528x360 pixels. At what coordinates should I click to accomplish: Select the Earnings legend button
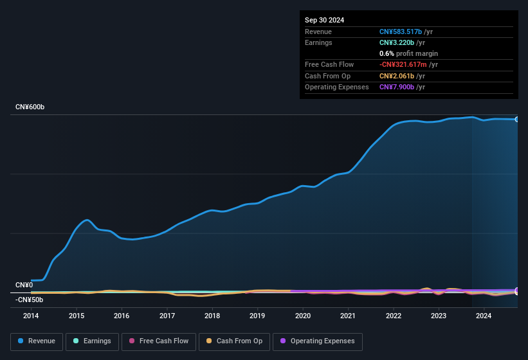coord(93,341)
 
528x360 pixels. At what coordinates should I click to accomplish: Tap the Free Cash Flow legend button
coord(159,341)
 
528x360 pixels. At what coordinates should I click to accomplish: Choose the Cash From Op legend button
coord(234,341)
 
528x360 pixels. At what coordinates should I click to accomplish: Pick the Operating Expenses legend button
coord(318,341)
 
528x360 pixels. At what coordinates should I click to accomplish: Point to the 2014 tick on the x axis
coord(31,316)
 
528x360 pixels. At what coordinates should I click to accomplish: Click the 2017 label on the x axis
coord(167,316)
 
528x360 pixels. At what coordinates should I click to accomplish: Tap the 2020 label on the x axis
coord(303,316)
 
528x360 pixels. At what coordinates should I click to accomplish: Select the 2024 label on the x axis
coord(484,316)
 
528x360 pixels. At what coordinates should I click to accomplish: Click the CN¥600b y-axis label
coord(30,107)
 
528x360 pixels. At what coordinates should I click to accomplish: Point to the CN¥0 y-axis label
coord(24,285)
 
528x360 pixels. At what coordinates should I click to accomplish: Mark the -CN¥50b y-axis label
coord(29,300)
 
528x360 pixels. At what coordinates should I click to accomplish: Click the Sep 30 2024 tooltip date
coord(324,20)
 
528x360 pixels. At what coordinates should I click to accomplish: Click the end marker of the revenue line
coord(517,120)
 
